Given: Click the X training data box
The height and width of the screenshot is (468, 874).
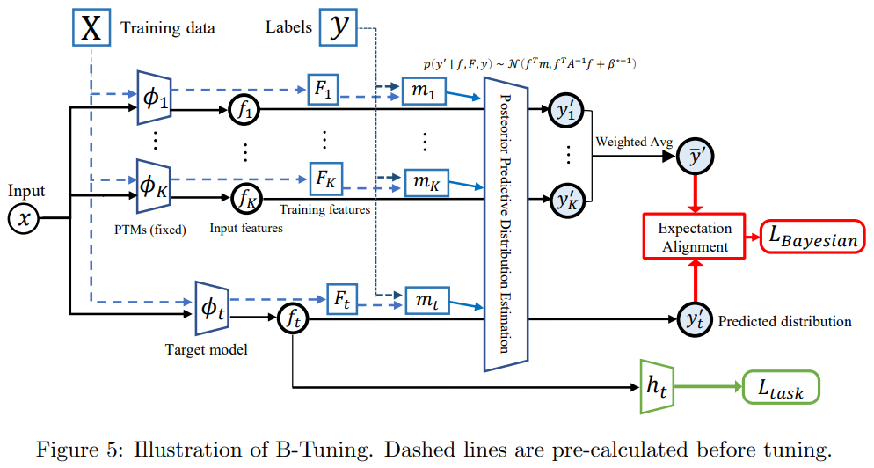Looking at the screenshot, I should [x=91, y=27].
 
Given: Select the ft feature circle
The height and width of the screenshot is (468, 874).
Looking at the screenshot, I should [x=292, y=319].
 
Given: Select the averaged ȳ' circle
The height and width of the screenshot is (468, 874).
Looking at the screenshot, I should [x=696, y=156].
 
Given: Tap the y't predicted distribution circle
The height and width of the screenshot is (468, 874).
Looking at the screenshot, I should [x=696, y=319].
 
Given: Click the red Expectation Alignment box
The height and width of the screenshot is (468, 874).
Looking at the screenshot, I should [x=695, y=237].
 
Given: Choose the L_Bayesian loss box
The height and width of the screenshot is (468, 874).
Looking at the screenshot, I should [x=809, y=238].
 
